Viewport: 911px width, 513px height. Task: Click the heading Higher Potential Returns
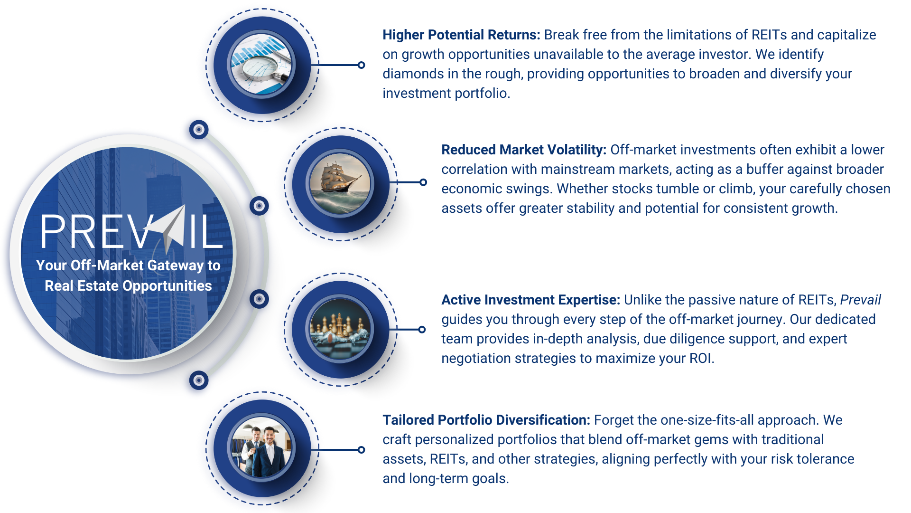coord(461,35)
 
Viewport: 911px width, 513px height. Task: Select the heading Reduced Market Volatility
coord(524,150)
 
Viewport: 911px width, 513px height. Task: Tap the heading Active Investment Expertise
coord(530,300)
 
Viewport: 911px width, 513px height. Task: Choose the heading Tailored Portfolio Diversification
coord(486,420)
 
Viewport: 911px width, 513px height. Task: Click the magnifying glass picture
coord(261,65)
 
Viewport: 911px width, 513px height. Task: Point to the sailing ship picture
coord(340,183)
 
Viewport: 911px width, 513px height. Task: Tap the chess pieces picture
coord(340,329)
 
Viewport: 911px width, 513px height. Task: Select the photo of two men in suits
coord(261,448)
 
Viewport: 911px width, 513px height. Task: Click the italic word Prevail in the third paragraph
coord(860,300)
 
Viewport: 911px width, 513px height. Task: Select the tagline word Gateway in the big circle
coord(167,266)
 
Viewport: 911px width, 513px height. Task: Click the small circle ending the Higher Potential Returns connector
coord(361,65)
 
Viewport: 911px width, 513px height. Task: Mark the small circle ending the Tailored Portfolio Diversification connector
coord(361,450)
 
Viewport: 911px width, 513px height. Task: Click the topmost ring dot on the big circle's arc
coord(199,129)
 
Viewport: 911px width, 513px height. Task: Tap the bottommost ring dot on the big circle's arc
coord(199,380)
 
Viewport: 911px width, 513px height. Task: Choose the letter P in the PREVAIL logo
coord(53,231)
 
